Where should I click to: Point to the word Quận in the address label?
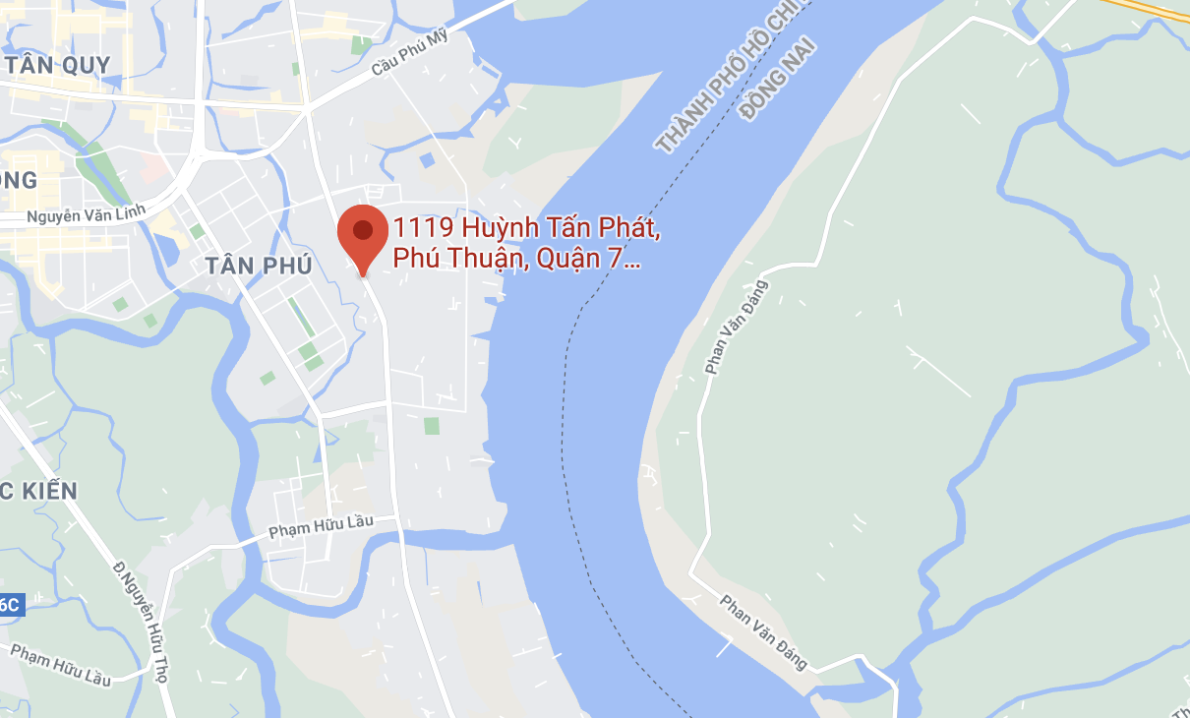point(569,260)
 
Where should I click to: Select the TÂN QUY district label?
point(56,65)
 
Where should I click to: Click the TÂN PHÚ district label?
point(259,265)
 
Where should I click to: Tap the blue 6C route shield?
point(10,605)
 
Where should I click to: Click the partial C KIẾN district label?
point(39,490)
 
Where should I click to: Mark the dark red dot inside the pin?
point(363,230)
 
